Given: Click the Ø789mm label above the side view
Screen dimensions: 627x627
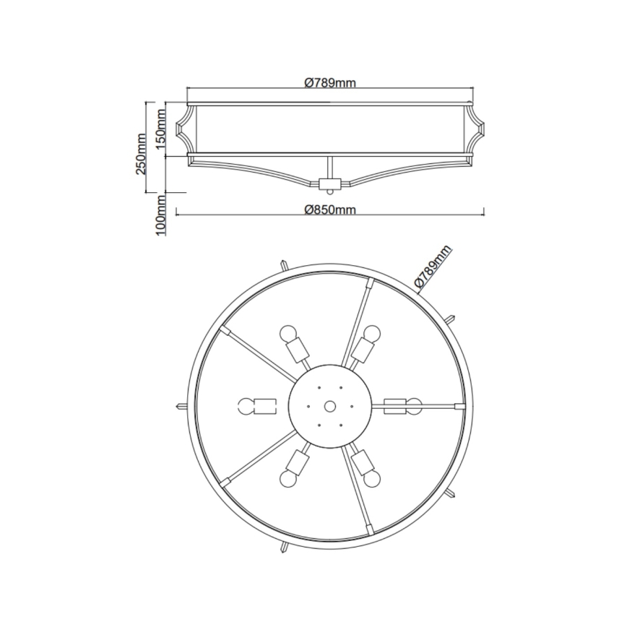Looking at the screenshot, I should tap(329, 82).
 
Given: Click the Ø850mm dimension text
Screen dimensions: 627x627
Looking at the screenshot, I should tap(330, 209).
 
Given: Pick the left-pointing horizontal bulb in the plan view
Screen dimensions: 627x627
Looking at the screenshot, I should tap(246, 406).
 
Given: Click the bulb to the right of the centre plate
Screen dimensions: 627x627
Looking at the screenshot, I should tap(412, 405).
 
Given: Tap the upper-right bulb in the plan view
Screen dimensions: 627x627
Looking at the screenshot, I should tap(371, 334).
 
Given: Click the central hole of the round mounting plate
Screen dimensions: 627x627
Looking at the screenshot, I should tap(330, 406).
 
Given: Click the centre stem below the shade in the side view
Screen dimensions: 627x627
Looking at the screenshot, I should tap(330, 168).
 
